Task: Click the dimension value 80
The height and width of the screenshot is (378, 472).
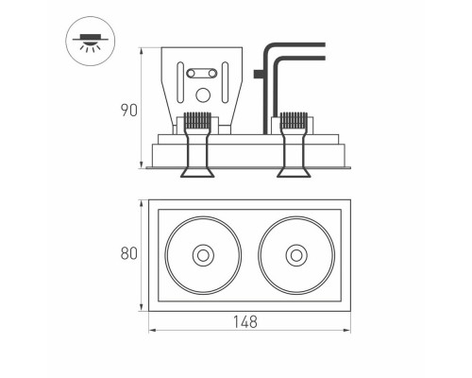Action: tap(130, 253)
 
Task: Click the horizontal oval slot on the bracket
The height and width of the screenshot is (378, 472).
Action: tap(203, 71)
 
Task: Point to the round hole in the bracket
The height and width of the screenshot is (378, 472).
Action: tap(203, 94)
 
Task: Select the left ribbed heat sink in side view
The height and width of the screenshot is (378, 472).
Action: tap(195, 122)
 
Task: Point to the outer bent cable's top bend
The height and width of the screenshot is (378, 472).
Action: tap(271, 45)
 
